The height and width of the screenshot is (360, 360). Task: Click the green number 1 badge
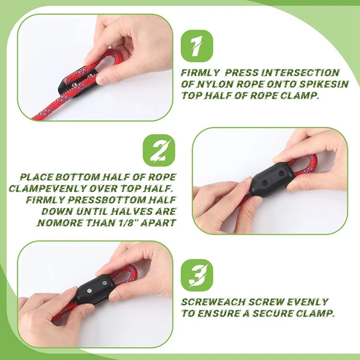click(x=196, y=46)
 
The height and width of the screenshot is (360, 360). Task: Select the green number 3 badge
click(x=197, y=274)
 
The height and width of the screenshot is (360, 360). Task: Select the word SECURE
click(x=286, y=313)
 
